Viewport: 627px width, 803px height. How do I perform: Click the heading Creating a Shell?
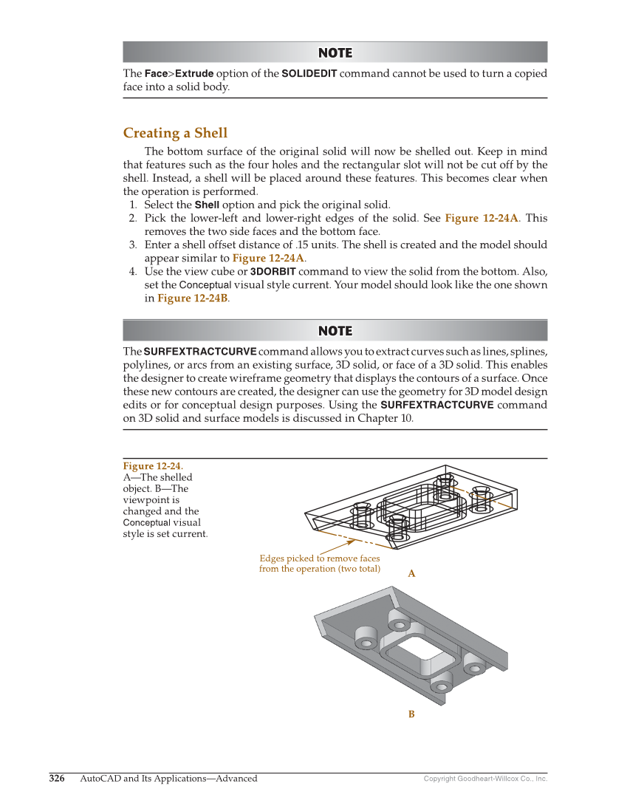click(x=175, y=133)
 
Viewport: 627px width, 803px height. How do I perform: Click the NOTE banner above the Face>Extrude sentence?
click(x=335, y=52)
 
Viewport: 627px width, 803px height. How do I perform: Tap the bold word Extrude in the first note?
click(x=194, y=74)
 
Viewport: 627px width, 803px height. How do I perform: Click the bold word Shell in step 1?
click(x=207, y=205)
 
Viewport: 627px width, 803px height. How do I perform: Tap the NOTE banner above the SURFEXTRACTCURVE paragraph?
click(x=335, y=330)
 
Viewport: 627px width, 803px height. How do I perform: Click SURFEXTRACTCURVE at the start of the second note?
click(x=200, y=351)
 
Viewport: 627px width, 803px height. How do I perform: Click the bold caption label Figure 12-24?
click(x=153, y=465)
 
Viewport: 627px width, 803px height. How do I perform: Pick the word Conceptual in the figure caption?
click(x=146, y=522)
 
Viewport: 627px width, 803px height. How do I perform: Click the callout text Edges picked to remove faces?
click(x=319, y=558)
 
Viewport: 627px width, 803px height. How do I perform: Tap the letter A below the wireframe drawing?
click(x=411, y=573)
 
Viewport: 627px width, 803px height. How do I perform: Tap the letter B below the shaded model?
click(x=411, y=714)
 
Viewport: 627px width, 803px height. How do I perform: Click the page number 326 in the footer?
click(x=57, y=778)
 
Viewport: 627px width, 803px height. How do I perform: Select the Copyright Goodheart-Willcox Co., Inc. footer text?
click(x=485, y=779)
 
